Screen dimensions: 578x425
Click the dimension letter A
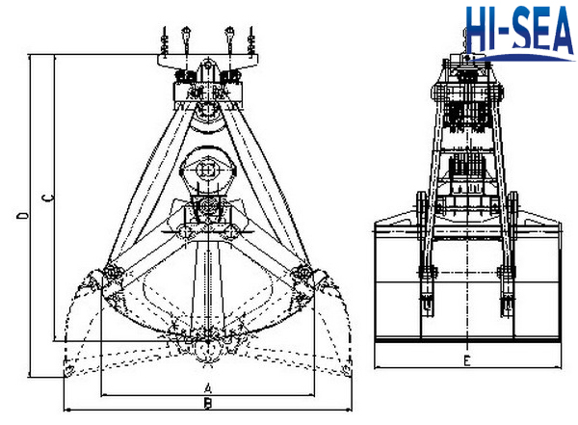pyautogui.click(x=208, y=388)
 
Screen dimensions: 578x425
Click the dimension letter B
pyautogui.click(x=208, y=403)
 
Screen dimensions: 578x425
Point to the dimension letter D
pyautogui.click(x=23, y=216)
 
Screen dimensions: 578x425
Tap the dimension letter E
pyautogui.click(x=467, y=360)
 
